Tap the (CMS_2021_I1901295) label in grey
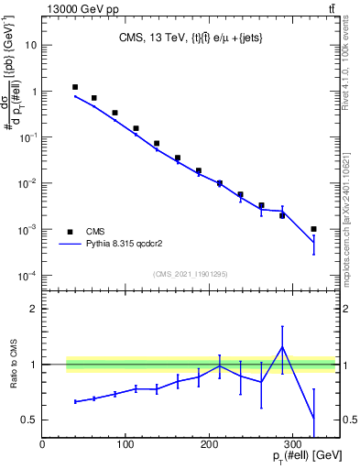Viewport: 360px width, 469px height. (191, 274)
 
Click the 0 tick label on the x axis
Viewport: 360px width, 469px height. (43, 443)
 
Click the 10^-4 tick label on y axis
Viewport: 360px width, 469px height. (27, 276)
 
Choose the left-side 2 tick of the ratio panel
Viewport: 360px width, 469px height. (34, 309)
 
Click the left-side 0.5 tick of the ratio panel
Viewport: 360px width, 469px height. (30, 420)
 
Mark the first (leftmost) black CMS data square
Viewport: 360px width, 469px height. (74, 87)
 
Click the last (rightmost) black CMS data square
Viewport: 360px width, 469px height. (313, 229)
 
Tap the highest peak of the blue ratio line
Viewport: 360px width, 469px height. (282, 347)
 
